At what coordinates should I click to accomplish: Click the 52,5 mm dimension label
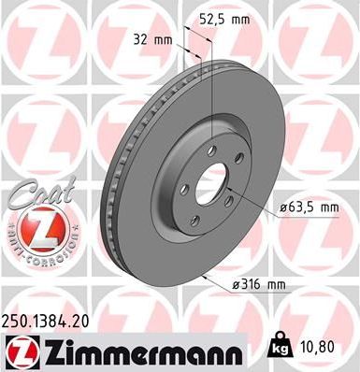pos(231,17)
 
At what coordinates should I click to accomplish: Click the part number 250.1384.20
pos(50,321)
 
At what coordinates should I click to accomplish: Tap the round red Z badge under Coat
pos(34,227)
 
